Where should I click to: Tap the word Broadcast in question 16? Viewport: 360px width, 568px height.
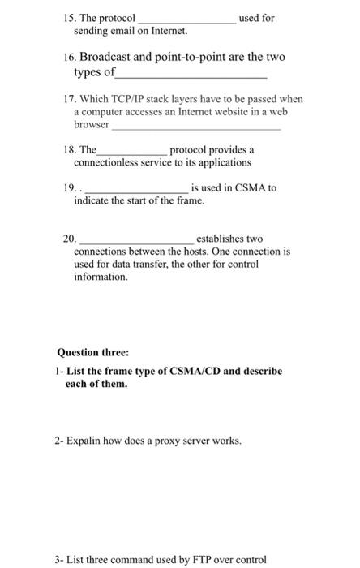(x=111, y=58)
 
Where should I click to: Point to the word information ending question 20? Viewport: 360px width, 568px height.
(x=95, y=277)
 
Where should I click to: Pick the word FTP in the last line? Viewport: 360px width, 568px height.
(x=198, y=560)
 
